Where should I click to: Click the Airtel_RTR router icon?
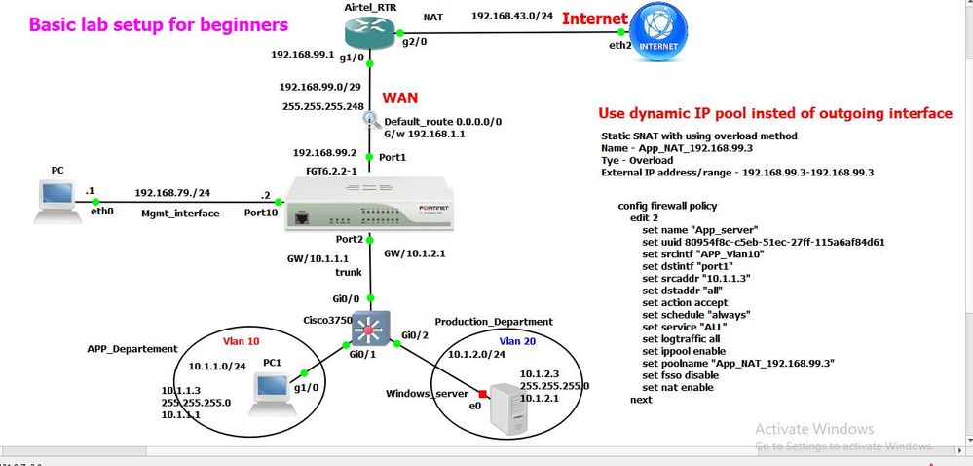point(371,33)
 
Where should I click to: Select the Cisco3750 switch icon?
point(370,327)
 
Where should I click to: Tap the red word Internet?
point(595,18)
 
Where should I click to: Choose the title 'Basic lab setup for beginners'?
point(159,23)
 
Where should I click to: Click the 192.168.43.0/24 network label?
point(511,16)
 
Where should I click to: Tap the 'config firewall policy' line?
point(671,206)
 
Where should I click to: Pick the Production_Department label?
point(493,321)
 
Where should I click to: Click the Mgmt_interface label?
point(180,212)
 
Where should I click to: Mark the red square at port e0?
point(482,394)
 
